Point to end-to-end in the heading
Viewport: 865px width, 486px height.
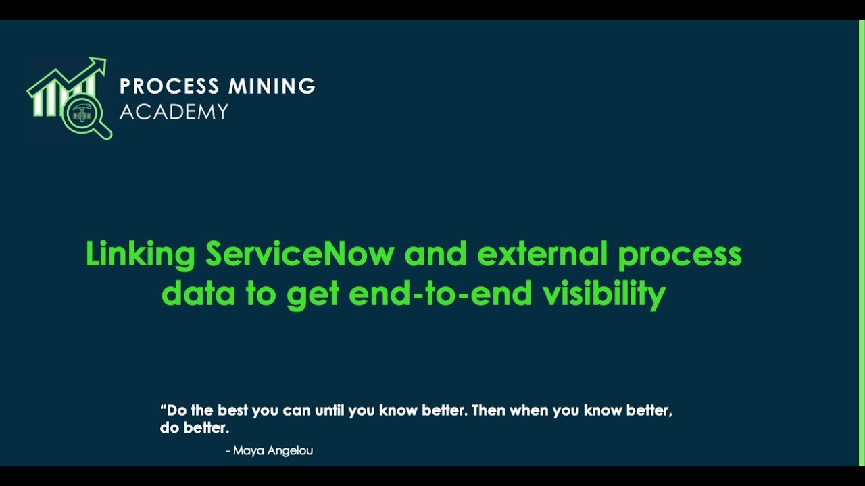(x=443, y=294)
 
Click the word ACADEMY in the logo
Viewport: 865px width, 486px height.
(x=174, y=111)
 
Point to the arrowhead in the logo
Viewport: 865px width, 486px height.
(x=99, y=65)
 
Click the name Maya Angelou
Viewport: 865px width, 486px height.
(x=272, y=450)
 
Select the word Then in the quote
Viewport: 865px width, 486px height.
(x=488, y=411)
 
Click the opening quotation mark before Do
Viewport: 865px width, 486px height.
(x=163, y=409)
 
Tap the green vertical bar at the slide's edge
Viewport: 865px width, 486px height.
(x=862, y=243)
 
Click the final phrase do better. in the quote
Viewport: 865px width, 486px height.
(x=195, y=428)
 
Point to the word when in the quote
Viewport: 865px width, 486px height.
(x=529, y=411)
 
